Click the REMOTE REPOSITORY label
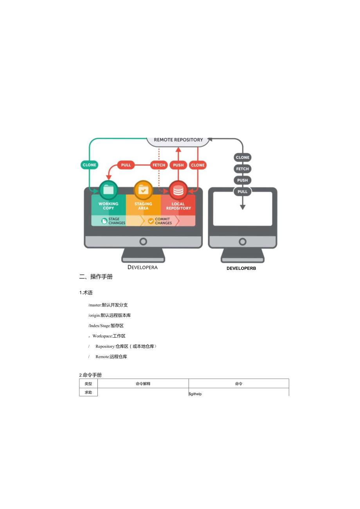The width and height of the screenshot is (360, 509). tap(178, 140)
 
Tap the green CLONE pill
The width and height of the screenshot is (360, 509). tap(89, 165)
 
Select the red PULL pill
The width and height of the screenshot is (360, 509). tap(126, 165)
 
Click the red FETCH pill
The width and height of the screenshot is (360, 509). tap(159, 165)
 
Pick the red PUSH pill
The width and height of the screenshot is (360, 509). tap(178, 165)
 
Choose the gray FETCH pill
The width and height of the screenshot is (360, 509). tap(242, 169)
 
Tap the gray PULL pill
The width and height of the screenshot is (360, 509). tap(242, 192)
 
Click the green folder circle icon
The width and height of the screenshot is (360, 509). tap(108, 190)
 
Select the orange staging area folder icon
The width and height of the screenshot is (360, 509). tap(143, 190)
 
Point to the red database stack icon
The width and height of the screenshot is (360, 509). tap(178, 190)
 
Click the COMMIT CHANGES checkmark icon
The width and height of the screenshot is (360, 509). tap(151, 221)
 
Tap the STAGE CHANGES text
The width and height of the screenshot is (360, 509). tap(117, 221)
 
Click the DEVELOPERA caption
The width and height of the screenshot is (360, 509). tap(142, 268)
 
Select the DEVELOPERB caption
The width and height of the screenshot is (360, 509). tap(241, 268)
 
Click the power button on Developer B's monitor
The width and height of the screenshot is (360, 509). tap(242, 242)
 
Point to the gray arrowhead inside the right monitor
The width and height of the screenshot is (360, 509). tap(242, 207)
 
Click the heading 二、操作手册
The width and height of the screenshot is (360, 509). tap(96, 277)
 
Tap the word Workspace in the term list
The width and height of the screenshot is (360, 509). tap(102, 336)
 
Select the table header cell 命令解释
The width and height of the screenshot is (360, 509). tap(143, 384)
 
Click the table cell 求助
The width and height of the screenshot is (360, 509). tap(88, 392)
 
